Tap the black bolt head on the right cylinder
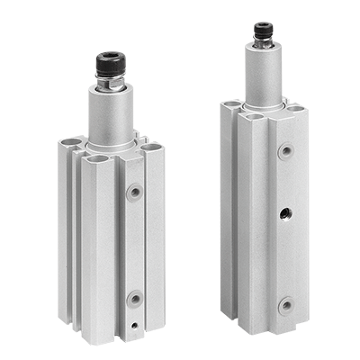pos(263,31)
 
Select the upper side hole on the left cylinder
pos(134,191)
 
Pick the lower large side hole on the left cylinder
pos(134,298)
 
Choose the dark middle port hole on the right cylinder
pos(285,213)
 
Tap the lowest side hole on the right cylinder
pos(285,304)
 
